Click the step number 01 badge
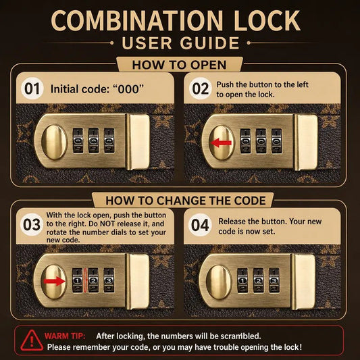tap(32, 88)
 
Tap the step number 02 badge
tap(200, 88)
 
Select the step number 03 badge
tap(32, 224)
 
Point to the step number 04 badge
tap(200, 225)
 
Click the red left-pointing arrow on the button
tap(221, 143)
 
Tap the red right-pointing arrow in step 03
tap(55, 281)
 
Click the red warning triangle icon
tap(32, 340)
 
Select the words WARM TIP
tap(65, 336)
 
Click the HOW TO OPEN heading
tap(179, 65)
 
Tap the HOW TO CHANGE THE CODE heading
tap(186, 201)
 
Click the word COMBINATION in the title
tap(137, 20)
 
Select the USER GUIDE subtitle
tap(180, 43)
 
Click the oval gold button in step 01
tap(54, 143)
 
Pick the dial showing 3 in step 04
tap(274, 280)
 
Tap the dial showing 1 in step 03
tap(78, 280)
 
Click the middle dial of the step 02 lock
tap(261, 141)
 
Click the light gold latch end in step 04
tap(305, 282)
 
